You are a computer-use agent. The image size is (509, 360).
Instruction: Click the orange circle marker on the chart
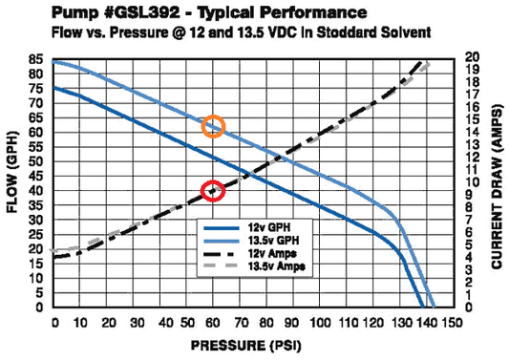click(214, 126)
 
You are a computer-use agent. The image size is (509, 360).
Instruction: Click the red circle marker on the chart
click(214, 191)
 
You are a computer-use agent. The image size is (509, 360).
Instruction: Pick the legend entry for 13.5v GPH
click(267, 242)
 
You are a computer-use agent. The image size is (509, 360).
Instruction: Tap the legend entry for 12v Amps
click(266, 254)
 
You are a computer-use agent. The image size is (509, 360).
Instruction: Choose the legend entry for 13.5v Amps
click(270, 266)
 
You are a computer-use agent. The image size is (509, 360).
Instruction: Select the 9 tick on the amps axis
click(471, 196)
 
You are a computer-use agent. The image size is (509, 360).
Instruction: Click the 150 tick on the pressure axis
click(456, 322)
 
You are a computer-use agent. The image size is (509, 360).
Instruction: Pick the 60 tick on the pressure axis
click(214, 322)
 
